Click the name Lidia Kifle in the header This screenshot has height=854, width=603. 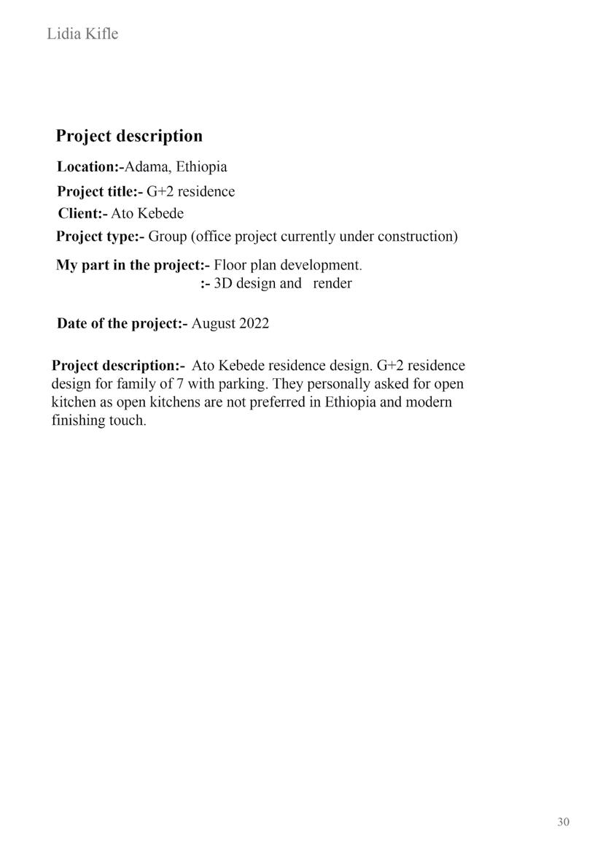(82, 34)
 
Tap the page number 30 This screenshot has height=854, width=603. (563, 822)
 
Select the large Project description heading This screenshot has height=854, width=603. (129, 136)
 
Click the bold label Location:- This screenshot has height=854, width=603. (90, 167)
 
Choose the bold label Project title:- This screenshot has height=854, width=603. (100, 192)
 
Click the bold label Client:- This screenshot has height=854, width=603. (82, 214)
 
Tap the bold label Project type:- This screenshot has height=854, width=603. (101, 236)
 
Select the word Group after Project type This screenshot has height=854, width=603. (168, 236)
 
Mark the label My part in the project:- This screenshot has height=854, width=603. (133, 265)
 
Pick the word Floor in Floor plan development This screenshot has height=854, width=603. (230, 265)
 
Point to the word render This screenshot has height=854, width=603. (332, 284)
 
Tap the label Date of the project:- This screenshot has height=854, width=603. (122, 324)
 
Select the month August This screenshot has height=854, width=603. (214, 324)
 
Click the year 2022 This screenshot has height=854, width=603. (254, 324)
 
